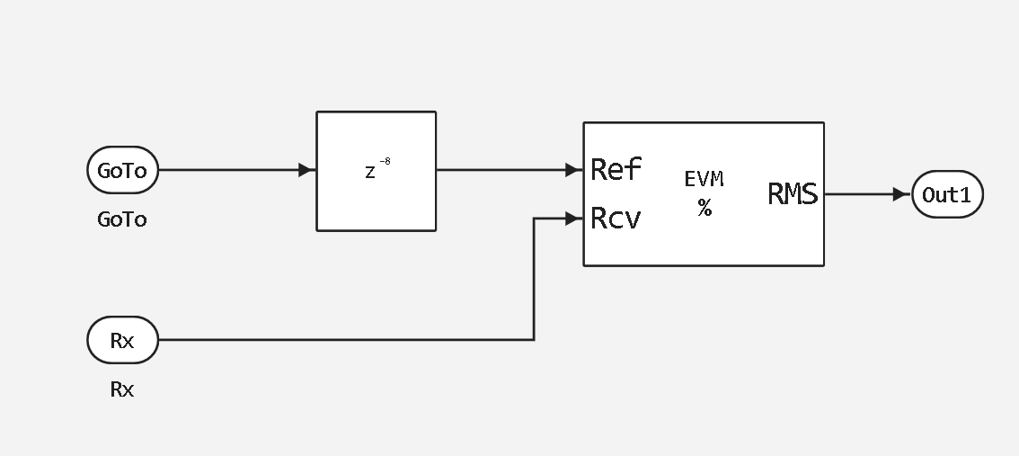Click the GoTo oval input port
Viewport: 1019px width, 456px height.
(x=122, y=171)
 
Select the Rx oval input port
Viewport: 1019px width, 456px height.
(x=122, y=341)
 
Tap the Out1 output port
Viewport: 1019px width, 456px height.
(x=947, y=194)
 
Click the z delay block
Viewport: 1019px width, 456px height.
(x=376, y=171)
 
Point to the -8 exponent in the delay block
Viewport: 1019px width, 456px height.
(x=385, y=162)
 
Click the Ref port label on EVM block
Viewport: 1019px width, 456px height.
(x=616, y=169)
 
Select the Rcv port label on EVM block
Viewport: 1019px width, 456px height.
(x=616, y=219)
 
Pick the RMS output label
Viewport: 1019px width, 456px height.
(x=793, y=194)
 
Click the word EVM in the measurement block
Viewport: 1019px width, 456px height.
(x=704, y=180)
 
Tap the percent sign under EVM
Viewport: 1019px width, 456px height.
(x=704, y=209)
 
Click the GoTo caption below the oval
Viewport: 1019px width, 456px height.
(x=122, y=219)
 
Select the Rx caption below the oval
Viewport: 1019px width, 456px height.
(x=122, y=389)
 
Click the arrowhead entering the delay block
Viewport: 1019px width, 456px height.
(x=306, y=170)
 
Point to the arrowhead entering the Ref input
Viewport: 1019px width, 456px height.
(x=573, y=170)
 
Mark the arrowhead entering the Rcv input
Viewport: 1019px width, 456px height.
(x=573, y=218)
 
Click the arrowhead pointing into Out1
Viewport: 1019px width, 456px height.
(x=901, y=194)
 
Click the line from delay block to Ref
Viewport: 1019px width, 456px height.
(x=503, y=170)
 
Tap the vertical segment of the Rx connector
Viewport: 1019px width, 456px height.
(x=535, y=279)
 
